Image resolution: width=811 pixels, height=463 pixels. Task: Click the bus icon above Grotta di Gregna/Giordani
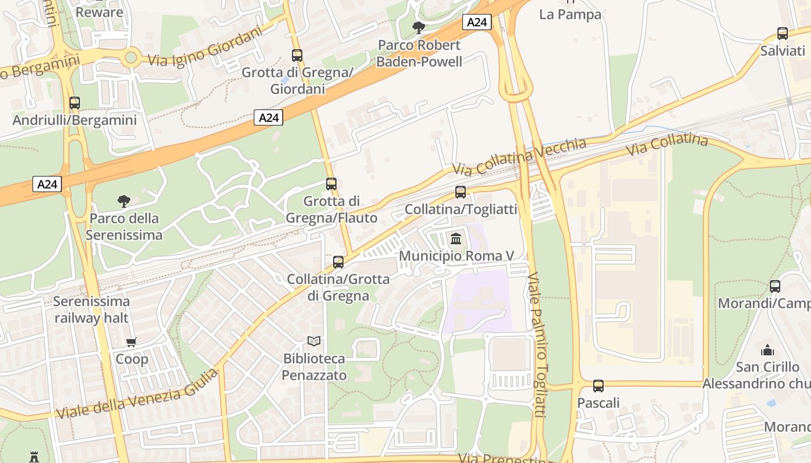[x=297, y=56]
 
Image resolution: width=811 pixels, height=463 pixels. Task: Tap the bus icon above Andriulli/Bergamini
[x=75, y=103]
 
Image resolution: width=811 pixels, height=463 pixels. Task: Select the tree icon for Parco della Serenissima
[x=123, y=201]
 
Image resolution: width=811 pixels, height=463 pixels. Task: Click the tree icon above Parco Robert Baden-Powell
[x=418, y=27]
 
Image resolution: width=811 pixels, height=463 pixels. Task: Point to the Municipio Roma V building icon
[x=456, y=238]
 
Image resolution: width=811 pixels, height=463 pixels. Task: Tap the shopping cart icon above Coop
[x=131, y=342]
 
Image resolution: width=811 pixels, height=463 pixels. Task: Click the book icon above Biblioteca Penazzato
[x=314, y=341]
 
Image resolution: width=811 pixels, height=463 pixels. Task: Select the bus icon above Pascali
[x=598, y=385]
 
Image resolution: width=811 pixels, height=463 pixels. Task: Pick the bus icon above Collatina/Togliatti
[x=461, y=192]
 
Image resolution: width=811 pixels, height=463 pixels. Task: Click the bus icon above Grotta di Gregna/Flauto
[x=331, y=184]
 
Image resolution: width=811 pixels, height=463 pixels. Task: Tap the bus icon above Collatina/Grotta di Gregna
[x=338, y=262]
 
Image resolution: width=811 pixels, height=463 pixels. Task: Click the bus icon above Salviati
[x=783, y=34]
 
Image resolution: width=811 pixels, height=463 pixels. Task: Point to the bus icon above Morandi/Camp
[x=775, y=286]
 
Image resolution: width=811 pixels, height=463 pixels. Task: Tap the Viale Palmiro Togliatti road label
[x=538, y=344]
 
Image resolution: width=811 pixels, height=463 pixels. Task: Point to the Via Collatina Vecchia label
[x=519, y=157]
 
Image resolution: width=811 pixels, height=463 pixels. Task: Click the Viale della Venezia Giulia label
[x=138, y=394]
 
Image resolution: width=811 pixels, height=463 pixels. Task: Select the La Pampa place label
[x=570, y=14]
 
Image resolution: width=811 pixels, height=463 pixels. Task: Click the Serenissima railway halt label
[x=92, y=310]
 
